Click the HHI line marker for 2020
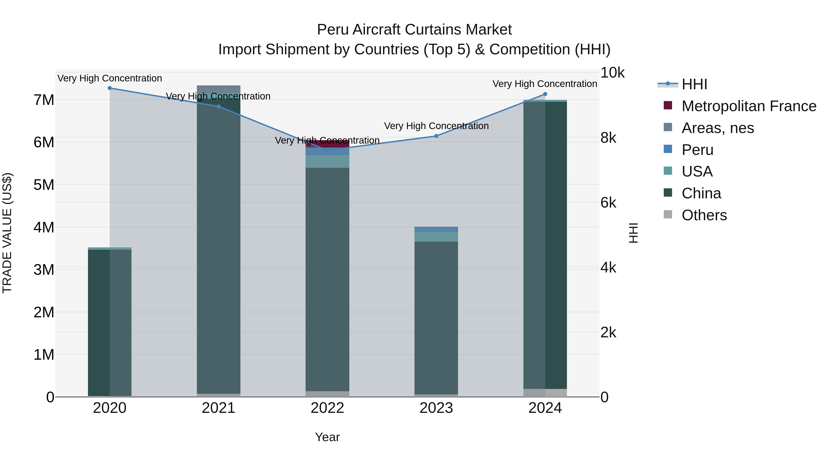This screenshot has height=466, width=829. (110, 88)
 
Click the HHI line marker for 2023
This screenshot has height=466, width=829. (436, 136)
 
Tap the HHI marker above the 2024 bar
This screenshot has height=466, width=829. (545, 94)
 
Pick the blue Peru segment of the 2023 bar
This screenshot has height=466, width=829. (436, 229)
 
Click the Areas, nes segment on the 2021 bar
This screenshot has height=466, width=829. (219, 89)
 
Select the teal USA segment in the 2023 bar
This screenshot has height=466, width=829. (436, 237)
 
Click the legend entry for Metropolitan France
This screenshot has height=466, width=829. (749, 106)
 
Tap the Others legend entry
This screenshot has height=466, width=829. (704, 215)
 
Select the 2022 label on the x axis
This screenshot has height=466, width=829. (327, 408)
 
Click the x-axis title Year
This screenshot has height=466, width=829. (327, 437)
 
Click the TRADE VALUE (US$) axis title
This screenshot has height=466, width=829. (7, 233)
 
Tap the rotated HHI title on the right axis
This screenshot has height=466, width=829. (633, 233)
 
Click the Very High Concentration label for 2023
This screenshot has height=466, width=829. (436, 126)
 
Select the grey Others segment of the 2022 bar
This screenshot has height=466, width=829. (327, 394)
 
